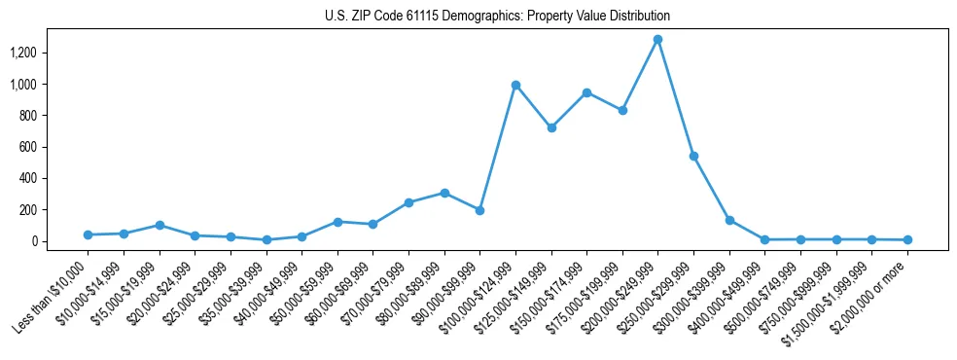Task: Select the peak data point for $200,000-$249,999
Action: pos(658,40)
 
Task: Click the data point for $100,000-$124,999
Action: pos(515,85)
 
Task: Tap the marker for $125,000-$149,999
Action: pos(551,127)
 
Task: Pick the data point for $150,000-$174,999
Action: pos(586,92)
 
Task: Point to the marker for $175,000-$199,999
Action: pos(622,110)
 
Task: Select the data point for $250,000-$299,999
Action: pos(693,156)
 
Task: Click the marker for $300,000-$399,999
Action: pos(729,220)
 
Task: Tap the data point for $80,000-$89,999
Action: pos(444,193)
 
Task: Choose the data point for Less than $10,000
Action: pos(88,234)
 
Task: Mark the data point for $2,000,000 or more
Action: pos(907,239)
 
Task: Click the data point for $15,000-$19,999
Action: pos(159,225)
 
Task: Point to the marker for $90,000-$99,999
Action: pos(479,210)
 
